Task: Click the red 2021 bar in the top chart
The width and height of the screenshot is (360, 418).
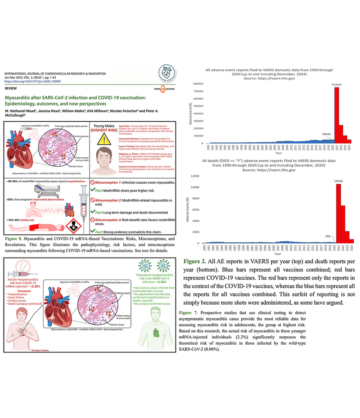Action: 337,115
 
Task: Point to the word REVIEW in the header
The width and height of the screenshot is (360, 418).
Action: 11,89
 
